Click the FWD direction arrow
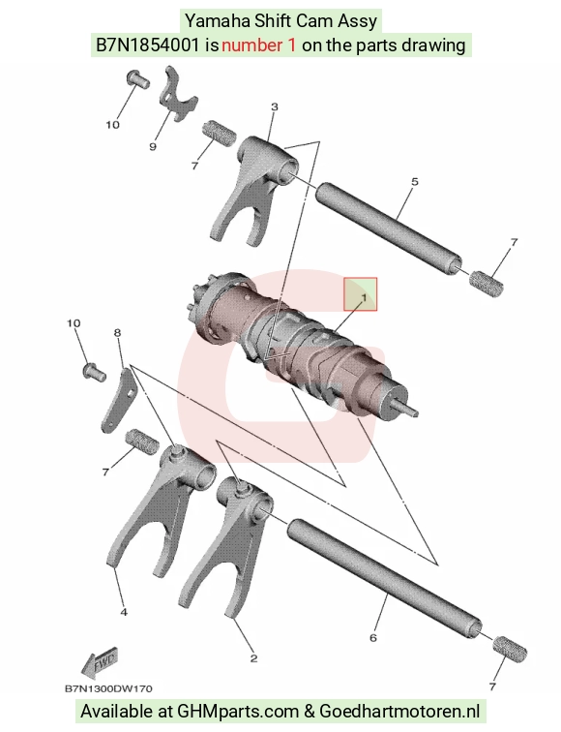[x=99, y=662]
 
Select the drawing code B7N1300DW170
[x=108, y=688]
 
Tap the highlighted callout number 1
[x=364, y=297]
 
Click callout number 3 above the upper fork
[x=274, y=107]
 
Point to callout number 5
[x=415, y=181]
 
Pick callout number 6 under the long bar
[x=372, y=637]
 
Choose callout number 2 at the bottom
[x=253, y=658]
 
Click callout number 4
[x=124, y=612]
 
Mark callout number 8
[x=117, y=332]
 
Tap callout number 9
[x=153, y=146]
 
